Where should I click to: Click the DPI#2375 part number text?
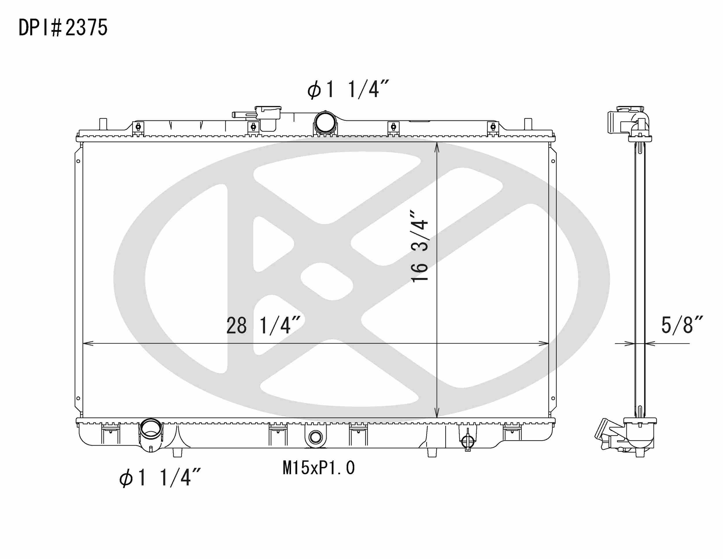tap(63, 28)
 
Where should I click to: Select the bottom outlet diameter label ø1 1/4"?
tap(160, 478)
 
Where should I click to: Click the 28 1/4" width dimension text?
tap(263, 325)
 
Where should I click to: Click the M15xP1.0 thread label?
tap(318, 468)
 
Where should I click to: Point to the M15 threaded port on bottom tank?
tap(315, 437)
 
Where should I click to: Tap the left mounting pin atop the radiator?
tap(103, 124)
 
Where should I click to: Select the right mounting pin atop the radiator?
tap(528, 124)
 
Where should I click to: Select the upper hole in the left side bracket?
tap(78, 161)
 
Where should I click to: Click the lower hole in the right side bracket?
tap(553, 398)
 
